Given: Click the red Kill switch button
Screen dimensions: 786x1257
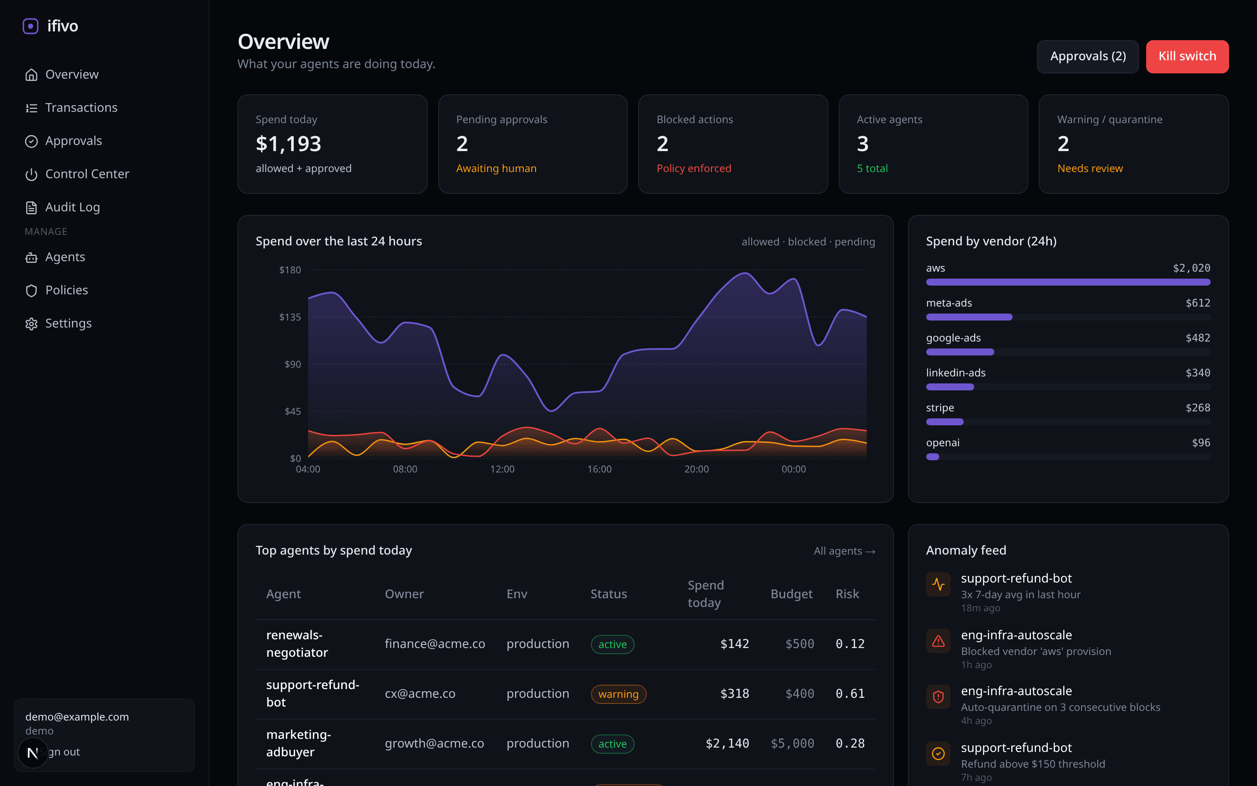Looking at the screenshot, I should (1186, 56).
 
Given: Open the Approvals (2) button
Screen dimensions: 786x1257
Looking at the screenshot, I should (1087, 56).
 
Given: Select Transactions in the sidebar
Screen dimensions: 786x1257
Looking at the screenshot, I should (81, 107).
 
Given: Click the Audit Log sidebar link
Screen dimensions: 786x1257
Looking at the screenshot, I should (72, 207).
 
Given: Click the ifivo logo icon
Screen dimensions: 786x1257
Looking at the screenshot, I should (31, 26).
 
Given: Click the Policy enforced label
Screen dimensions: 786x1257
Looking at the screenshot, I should (694, 169).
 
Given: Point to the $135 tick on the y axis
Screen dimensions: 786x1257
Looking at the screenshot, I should (290, 317).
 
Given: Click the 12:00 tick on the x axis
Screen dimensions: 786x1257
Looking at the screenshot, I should (502, 469).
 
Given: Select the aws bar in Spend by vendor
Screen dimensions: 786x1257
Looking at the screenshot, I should (1068, 282).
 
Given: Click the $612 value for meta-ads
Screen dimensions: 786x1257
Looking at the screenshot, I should (1197, 303).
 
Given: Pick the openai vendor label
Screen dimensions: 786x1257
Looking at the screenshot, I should (942, 442).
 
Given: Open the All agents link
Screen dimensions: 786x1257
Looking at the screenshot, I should (844, 551).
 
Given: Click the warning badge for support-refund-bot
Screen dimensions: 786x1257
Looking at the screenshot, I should (618, 694).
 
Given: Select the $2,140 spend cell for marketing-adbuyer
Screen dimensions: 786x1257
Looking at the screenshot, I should (727, 743).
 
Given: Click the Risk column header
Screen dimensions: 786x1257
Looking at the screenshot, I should (847, 594).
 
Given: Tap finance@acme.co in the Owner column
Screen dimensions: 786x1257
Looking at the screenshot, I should (434, 644).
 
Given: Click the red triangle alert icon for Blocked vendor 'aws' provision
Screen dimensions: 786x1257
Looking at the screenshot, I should (938, 641).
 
